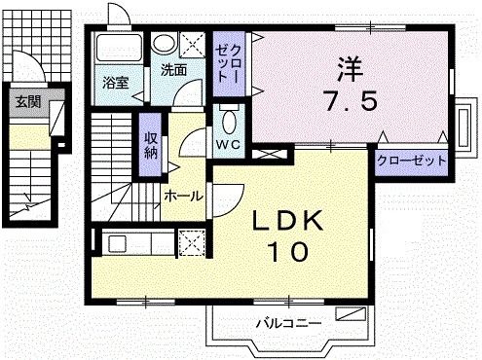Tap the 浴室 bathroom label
[x=116, y=83]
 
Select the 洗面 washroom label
[x=174, y=70]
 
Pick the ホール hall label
[x=183, y=196]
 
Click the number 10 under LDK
[x=287, y=251]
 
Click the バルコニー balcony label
[x=286, y=320]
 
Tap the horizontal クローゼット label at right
[x=412, y=161]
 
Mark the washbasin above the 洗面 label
[x=166, y=44]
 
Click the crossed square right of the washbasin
[x=194, y=45]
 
